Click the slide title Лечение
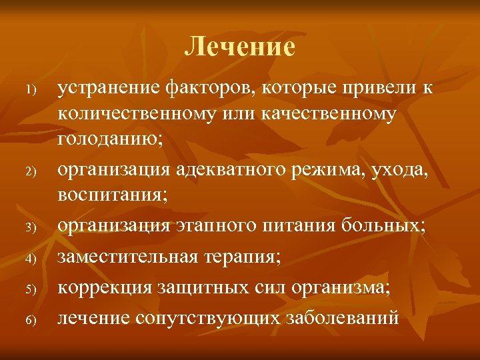click(240, 46)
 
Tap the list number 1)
click(30, 89)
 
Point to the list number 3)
click(30, 229)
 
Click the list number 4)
click(30, 257)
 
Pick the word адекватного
click(224, 171)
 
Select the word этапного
click(212, 227)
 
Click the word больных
click(381, 227)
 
